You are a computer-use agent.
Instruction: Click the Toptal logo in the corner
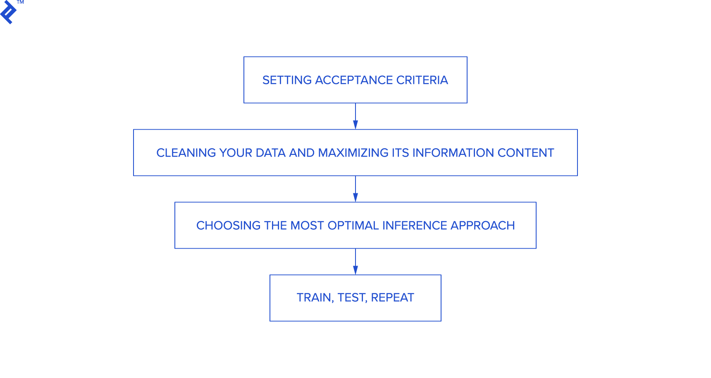8,13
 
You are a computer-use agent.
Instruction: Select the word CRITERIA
422,80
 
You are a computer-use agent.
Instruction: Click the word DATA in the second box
271,153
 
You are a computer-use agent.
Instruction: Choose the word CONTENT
525,153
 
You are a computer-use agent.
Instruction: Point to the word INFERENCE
415,226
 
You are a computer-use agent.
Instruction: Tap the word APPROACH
482,226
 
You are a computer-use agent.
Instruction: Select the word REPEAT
392,298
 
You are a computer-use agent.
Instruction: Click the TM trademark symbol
20,2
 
